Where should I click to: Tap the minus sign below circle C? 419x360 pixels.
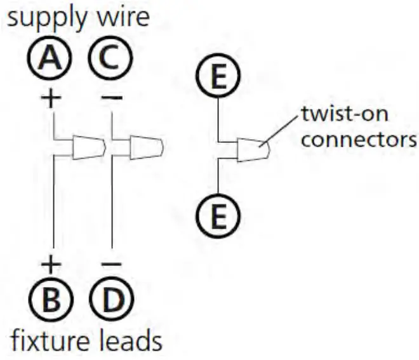click(x=112, y=98)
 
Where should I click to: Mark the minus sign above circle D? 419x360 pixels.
click(x=112, y=262)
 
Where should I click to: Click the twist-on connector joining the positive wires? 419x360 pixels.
click(x=88, y=147)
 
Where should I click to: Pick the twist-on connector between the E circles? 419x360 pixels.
click(x=253, y=150)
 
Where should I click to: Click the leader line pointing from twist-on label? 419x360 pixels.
click(x=283, y=131)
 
